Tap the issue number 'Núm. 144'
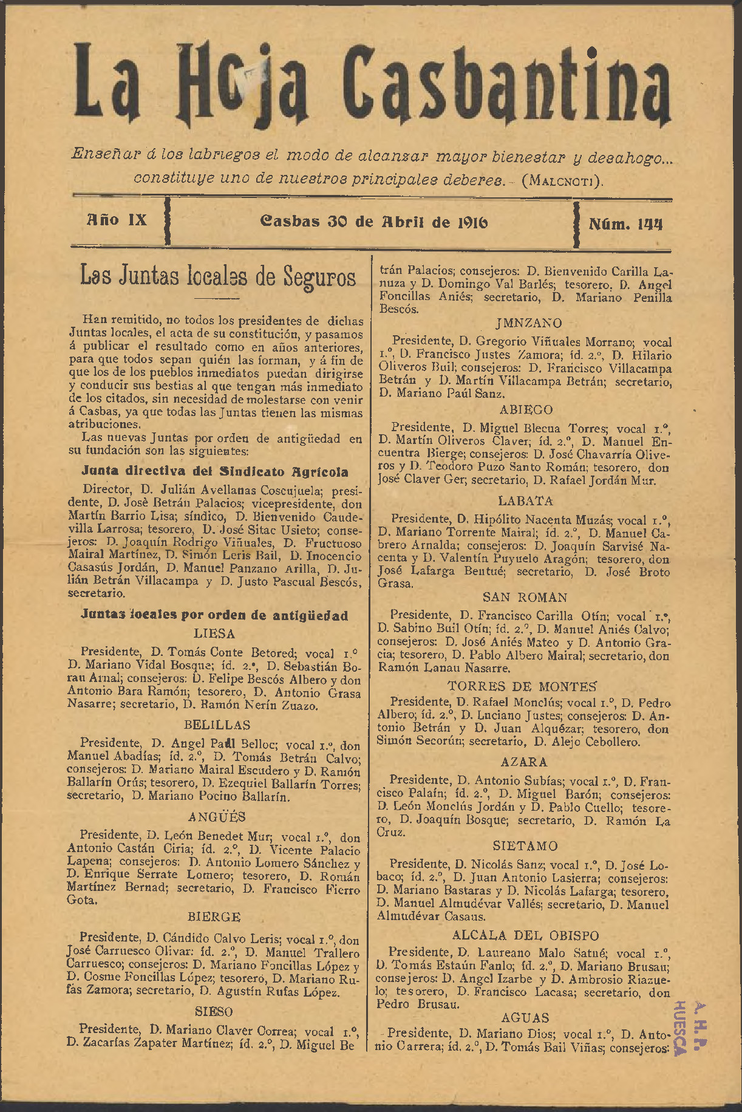625,223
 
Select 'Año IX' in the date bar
117,220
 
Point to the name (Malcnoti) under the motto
563,180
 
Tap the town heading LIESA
214,633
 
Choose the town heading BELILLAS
217,725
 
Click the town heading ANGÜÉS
217,817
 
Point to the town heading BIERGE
214,916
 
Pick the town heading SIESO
214,1012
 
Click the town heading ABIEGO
526,410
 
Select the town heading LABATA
525,501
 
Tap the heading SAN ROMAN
525,598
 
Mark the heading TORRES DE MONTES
523,686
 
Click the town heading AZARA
524,762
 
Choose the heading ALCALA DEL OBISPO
525,936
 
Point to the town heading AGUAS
525,1018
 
